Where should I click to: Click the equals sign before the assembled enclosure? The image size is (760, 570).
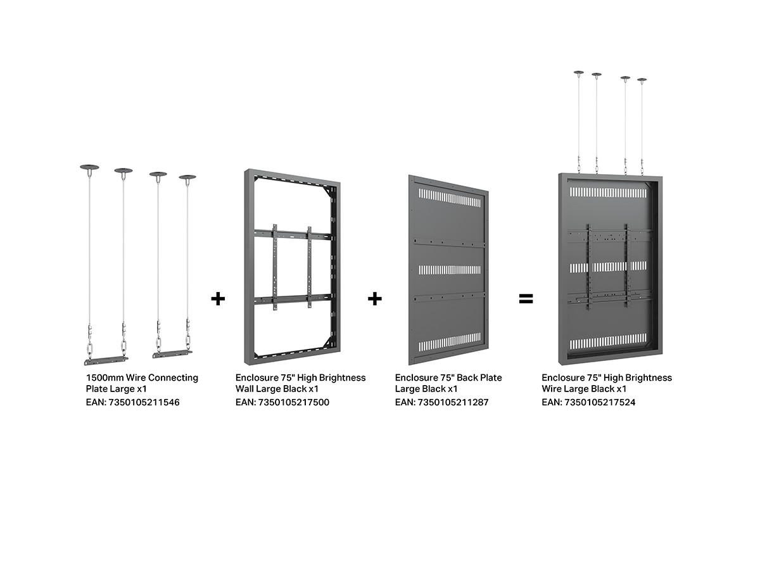[x=526, y=298]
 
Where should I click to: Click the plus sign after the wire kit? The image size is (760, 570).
[x=218, y=298]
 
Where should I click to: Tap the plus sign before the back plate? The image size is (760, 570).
[x=375, y=298]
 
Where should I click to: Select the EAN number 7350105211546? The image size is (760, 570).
[x=144, y=402]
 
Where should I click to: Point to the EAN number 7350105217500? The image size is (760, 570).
[x=294, y=402]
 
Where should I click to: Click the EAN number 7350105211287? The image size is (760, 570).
[x=453, y=402]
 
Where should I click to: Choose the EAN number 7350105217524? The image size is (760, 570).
[x=600, y=402]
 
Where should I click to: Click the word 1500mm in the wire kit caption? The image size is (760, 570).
[x=104, y=377]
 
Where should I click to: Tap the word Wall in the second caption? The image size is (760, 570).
[x=244, y=389]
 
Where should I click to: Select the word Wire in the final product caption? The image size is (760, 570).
[x=551, y=389]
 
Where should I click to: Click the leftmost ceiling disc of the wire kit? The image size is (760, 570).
[x=89, y=167]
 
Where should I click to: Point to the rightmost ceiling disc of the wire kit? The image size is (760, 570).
[x=187, y=177]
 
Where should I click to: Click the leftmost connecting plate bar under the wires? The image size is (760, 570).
[x=106, y=360]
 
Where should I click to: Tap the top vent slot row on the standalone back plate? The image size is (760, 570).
[x=450, y=197]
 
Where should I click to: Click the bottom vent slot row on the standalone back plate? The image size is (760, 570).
[x=450, y=342]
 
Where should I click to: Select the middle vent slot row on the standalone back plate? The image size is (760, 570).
[x=450, y=270]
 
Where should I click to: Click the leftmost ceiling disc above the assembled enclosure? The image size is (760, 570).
[x=579, y=73]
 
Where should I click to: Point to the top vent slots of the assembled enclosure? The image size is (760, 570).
[x=608, y=193]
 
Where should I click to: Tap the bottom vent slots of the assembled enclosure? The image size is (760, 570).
[x=608, y=341]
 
